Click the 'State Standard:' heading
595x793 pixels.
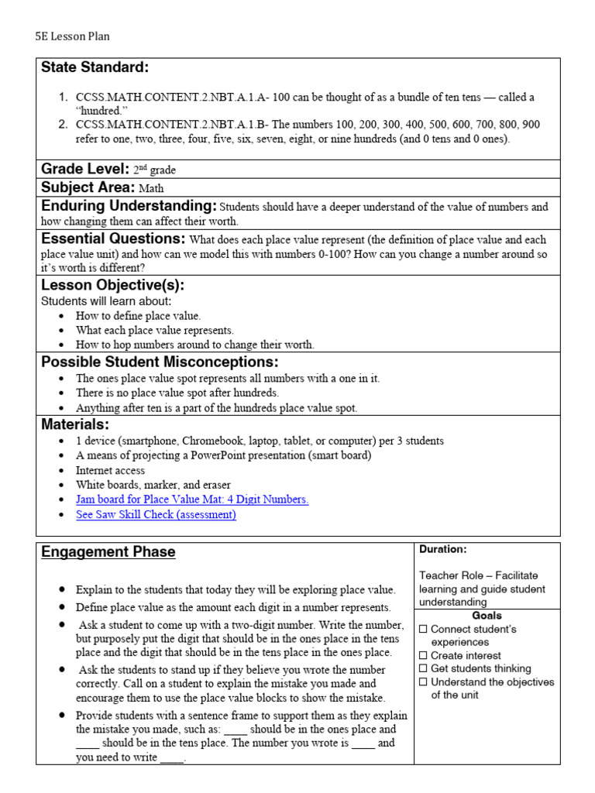[x=95, y=68]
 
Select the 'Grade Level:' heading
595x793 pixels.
[x=84, y=169]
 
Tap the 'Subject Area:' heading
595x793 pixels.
[x=88, y=187]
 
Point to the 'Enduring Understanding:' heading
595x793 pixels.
[x=129, y=206]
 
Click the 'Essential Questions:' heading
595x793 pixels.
[x=113, y=239]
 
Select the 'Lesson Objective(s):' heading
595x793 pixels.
[x=112, y=285]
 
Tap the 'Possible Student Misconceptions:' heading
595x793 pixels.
[x=160, y=362]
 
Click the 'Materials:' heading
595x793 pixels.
[x=75, y=424]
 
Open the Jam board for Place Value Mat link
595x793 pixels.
[x=192, y=499]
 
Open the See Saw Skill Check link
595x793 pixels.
[x=156, y=514]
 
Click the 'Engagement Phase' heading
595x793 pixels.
[x=108, y=552]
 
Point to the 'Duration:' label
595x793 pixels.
[x=443, y=549]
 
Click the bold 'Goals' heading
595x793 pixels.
[x=487, y=616]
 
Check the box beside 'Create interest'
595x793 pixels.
[x=423, y=655]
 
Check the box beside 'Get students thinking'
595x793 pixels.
[x=423, y=668]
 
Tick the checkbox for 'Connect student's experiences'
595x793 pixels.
[x=423, y=629]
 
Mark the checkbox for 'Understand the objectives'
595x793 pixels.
[x=423, y=681]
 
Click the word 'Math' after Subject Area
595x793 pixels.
[x=152, y=188]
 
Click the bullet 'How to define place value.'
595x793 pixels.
[x=138, y=316]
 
